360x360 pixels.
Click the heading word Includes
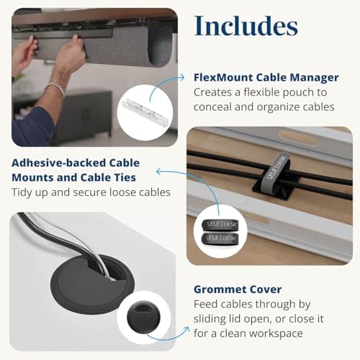click(246, 27)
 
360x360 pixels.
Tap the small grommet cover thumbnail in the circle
click(143, 317)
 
